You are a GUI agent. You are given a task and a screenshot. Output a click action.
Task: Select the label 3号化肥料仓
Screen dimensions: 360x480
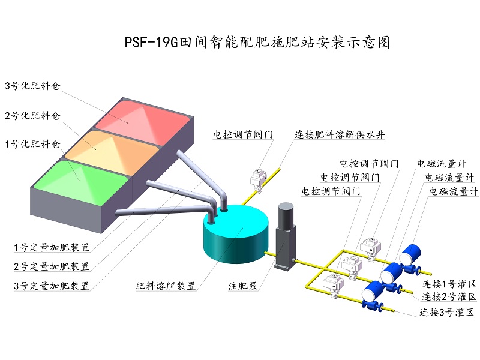[33, 85]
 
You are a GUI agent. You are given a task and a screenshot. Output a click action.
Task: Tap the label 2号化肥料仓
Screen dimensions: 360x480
[33, 115]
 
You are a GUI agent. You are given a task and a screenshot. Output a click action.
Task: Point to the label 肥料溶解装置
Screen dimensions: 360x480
[166, 286]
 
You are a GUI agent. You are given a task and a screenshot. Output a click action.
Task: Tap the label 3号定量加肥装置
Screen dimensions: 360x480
[52, 286]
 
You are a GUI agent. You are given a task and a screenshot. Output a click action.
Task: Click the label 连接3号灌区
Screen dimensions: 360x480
[448, 313]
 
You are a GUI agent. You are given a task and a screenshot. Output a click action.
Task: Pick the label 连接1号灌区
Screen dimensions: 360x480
[449, 283]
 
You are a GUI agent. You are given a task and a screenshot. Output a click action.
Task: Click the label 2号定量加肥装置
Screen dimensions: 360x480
[52, 266]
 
